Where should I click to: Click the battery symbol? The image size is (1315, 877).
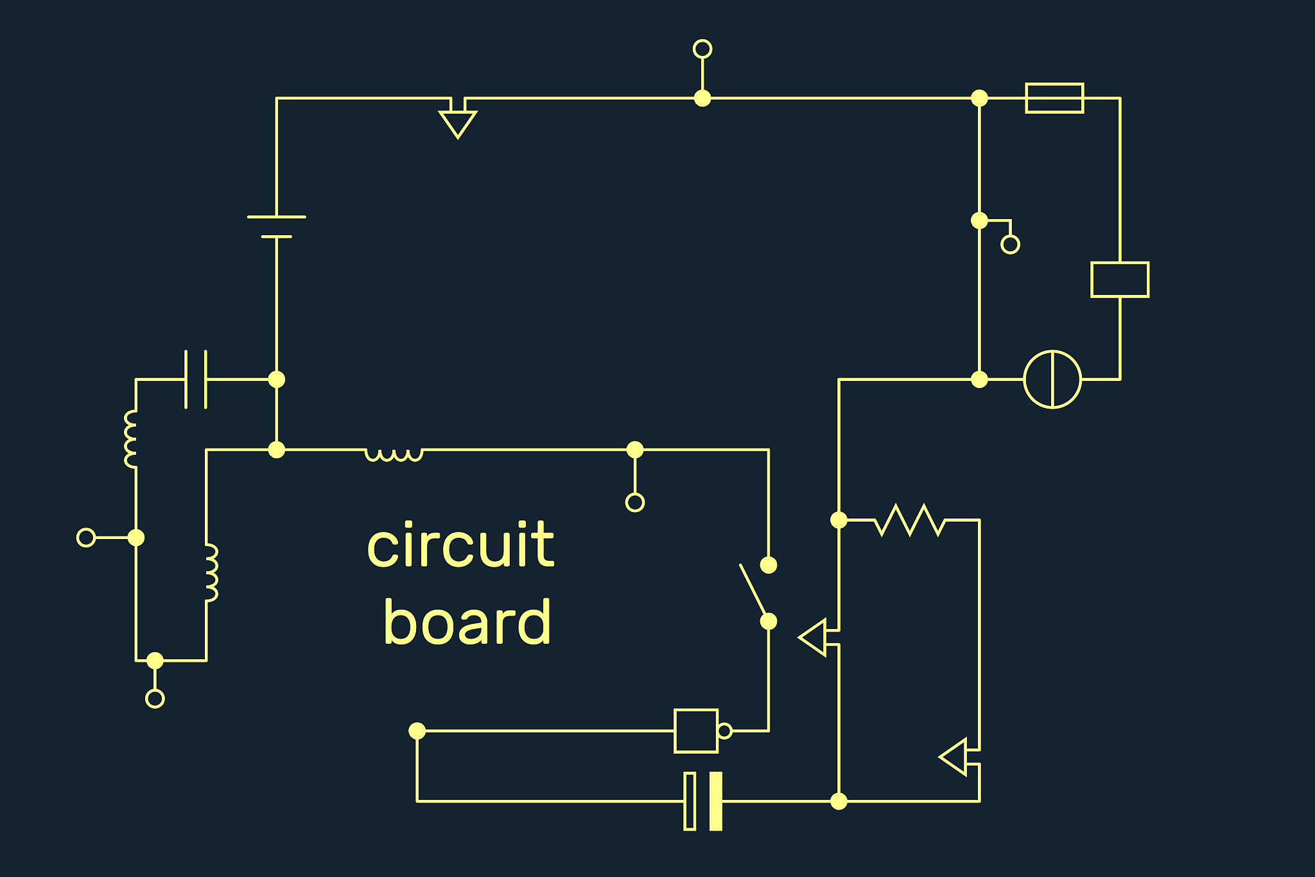coord(277,227)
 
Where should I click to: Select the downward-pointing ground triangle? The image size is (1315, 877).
coord(458,123)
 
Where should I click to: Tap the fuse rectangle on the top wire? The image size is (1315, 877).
coord(1054,98)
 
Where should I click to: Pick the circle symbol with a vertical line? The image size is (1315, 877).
coord(1052,379)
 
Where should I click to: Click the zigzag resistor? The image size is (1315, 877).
coord(910,520)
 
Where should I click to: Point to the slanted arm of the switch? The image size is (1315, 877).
coord(753,590)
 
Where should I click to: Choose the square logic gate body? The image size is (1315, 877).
coord(696,731)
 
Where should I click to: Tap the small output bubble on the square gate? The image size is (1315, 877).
coord(724,731)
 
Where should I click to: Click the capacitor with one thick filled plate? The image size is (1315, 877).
coord(703,801)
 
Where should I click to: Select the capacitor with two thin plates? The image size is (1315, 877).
coord(196,379)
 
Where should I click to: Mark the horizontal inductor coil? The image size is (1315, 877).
coord(394,454)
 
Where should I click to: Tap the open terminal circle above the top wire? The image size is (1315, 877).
coord(702,49)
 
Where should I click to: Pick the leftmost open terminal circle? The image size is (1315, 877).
coord(86,537)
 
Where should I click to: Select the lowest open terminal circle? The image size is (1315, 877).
coord(155,698)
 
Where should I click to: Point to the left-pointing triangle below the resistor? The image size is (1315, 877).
coord(955,757)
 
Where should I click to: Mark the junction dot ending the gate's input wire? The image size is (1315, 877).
coord(417,731)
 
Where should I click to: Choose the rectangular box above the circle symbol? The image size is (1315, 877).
coord(1120,279)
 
